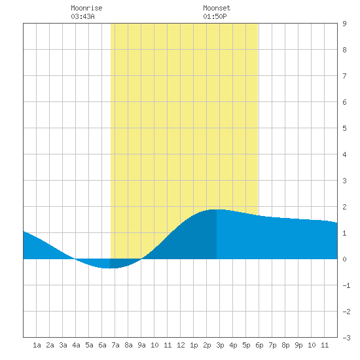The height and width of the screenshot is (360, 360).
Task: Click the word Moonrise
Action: [x=86, y=8]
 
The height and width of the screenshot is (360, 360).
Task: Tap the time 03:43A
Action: [x=82, y=16]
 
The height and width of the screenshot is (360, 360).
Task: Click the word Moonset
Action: [x=217, y=8]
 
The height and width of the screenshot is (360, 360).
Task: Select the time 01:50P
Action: [x=215, y=16]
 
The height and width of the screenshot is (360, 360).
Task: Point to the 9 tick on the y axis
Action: [x=344, y=24]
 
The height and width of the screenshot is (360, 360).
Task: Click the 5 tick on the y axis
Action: [x=344, y=128]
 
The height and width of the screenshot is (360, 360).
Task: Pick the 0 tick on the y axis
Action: [x=344, y=259]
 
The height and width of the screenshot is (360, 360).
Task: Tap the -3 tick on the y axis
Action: [x=346, y=338]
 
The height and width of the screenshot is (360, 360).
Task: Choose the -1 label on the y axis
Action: [x=346, y=285]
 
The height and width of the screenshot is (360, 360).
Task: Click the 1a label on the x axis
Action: [x=37, y=345]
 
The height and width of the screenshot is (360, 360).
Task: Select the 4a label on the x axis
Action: [x=76, y=345]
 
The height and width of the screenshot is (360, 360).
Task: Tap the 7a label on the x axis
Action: [x=115, y=345]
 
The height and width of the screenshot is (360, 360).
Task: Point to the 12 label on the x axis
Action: [x=181, y=345]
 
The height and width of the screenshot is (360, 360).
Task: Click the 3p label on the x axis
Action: [x=220, y=346]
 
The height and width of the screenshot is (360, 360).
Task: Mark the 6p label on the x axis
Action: [x=259, y=346]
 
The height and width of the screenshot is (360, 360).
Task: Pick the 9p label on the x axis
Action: [x=298, y=346]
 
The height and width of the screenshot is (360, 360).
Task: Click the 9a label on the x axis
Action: [x=141, y=345]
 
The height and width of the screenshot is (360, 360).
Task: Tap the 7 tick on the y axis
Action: [x=344, y=76]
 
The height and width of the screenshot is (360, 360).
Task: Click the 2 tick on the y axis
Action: [x=344, y=207]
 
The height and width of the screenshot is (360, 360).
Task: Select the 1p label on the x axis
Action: [x=194, y=346]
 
